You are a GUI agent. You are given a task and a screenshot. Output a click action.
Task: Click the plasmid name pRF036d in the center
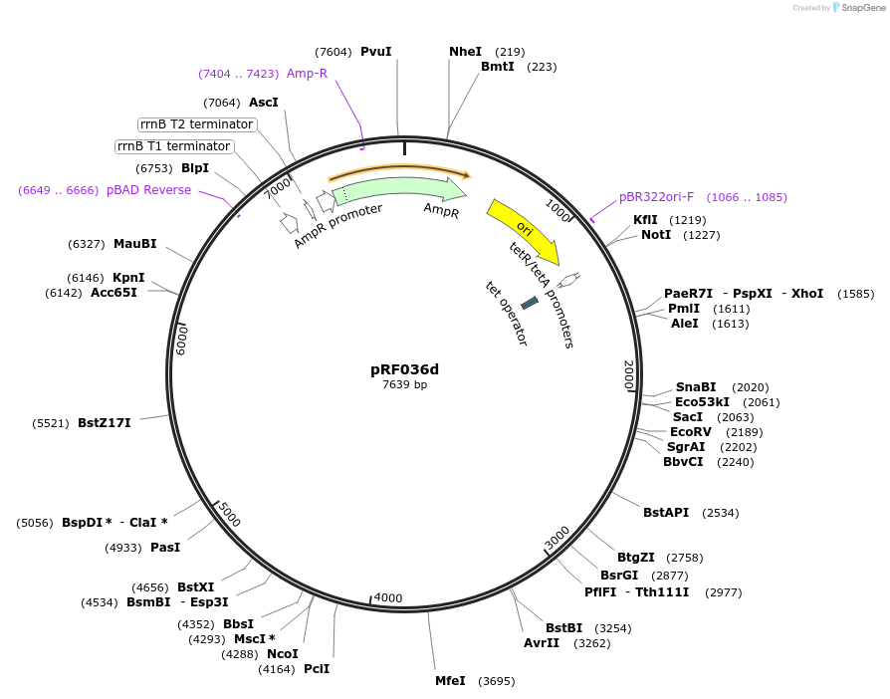pos(404,369)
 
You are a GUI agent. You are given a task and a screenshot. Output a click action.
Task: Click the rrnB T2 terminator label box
pos(196,124)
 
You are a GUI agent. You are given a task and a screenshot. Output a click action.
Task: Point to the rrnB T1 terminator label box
pos(173,146)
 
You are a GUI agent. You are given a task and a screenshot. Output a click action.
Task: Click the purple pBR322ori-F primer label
pos(656,197)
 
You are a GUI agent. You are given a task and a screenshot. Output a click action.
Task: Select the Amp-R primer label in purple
pos(307,74)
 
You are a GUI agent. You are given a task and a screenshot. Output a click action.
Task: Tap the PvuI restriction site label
pos(375,52)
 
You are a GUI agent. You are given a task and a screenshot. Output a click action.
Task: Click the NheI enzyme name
pos(465,52)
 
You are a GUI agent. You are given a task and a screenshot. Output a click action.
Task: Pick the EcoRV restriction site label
pos(690,432)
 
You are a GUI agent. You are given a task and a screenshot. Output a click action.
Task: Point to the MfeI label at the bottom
pos(450,681)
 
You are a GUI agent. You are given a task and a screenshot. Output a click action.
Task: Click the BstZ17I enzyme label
pos(105,423)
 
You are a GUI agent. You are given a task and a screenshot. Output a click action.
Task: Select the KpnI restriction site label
pos(128,278)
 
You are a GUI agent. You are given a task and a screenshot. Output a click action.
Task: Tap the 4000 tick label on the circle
pos(388,598)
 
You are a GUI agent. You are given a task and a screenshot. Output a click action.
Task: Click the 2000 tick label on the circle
pos(628,375)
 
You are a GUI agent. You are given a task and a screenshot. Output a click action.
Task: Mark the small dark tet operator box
pos(530,302)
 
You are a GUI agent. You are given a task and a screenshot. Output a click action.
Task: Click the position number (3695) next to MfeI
pos(496,681)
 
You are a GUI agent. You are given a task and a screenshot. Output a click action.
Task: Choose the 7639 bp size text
pos(404,385)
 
